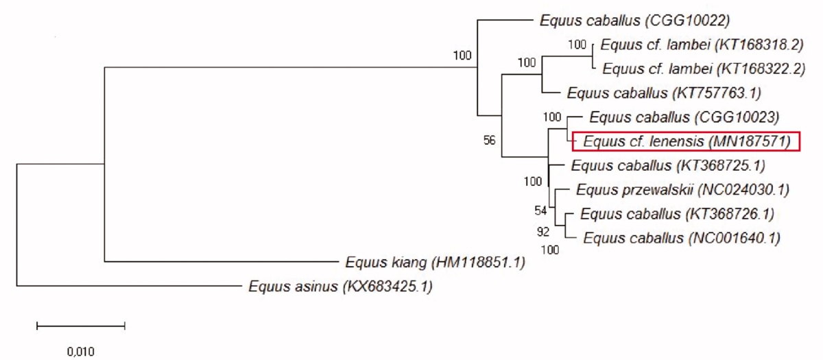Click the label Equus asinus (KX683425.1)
pos(341,286)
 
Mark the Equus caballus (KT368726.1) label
pos(677,214)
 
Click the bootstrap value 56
pos(489,141)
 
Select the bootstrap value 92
pos(542,232)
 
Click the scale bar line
pos(80,326)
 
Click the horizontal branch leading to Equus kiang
pos(219,261)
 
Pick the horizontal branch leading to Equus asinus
pos(130,286)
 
